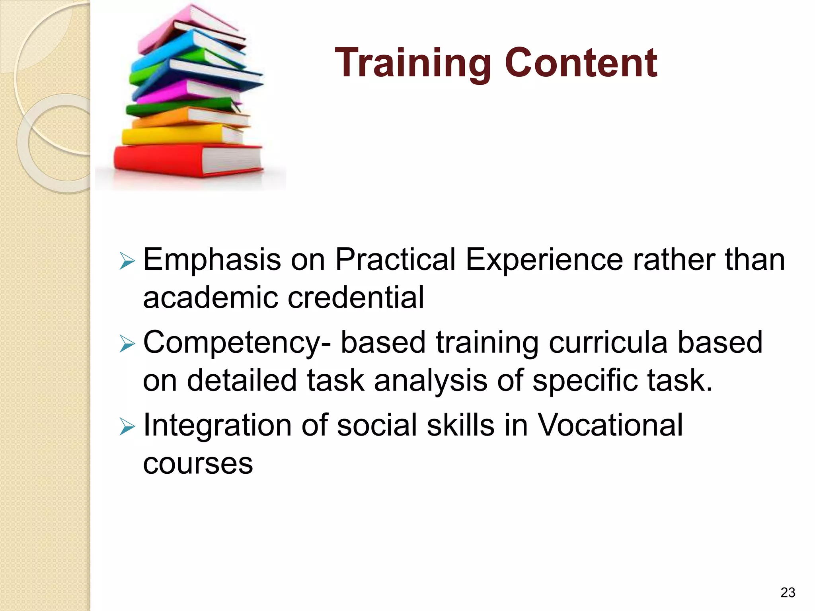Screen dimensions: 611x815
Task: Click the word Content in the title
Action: [581, 63]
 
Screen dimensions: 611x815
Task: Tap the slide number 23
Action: [788, 592]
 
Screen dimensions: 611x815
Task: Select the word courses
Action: [198, 464]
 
